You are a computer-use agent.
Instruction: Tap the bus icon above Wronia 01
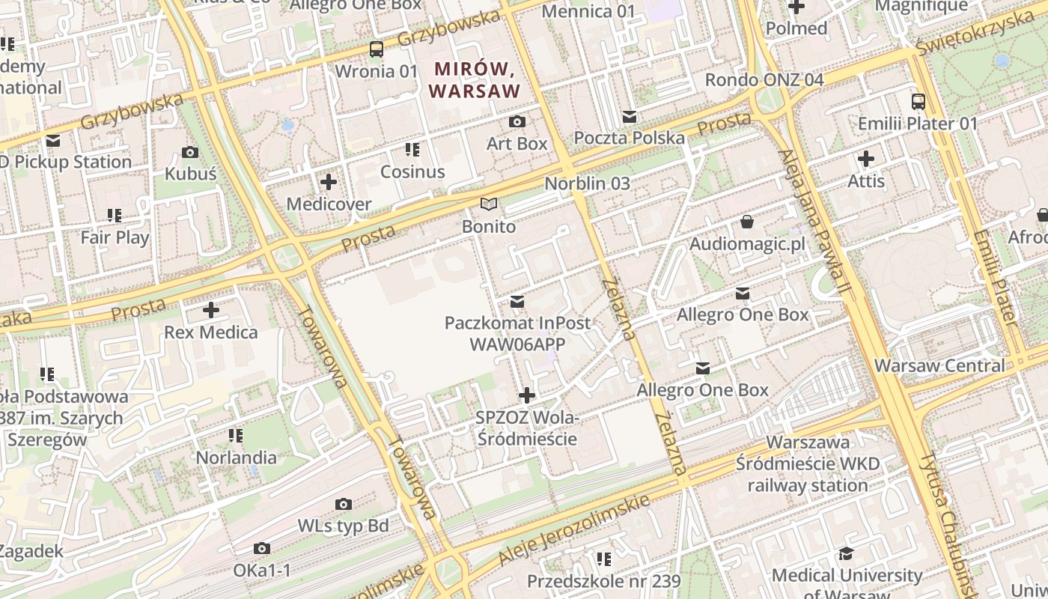[377, 49]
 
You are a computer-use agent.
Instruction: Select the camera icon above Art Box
[517, 121]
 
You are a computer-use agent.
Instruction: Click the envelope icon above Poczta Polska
[630, 117]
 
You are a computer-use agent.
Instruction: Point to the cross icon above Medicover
[329, 182]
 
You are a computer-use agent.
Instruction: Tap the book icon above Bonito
[489, 204]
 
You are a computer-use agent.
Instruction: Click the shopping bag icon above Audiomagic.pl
[746, 222]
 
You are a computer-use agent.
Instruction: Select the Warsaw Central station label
[939, 366]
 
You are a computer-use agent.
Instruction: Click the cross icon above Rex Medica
[211, 309]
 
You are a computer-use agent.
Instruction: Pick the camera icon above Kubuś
[190, 153]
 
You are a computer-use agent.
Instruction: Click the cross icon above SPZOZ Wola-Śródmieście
[527, 395]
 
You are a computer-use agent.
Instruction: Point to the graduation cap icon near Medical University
[846, 553]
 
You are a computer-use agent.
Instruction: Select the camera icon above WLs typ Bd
[344, 504]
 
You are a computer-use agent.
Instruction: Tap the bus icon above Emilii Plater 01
[918, 101]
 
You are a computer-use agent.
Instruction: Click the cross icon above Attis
[866, 159]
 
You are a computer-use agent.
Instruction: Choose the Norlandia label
[236, 457]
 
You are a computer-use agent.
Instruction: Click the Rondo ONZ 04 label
[764, 79]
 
